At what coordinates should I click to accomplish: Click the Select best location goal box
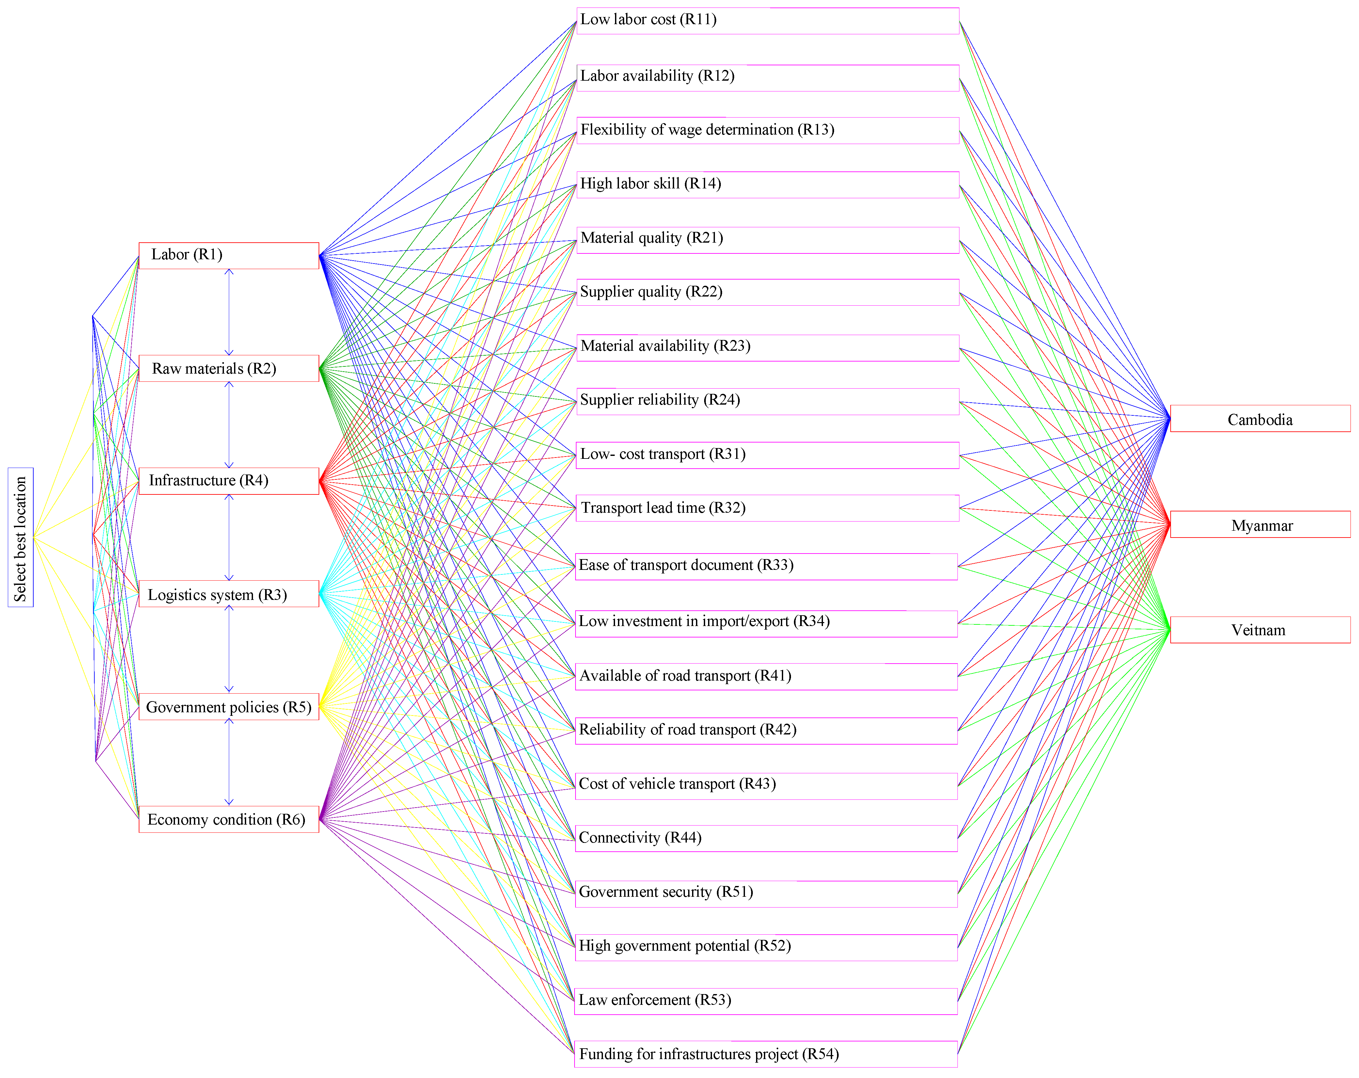coord(20,537)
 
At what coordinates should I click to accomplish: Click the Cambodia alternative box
coord(1259,419)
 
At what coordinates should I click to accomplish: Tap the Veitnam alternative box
coord(1259,630)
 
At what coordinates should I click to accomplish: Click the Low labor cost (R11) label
coord(648,20)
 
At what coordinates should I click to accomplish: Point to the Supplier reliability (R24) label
coord(659,400)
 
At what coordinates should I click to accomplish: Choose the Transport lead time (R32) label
coord(662,508)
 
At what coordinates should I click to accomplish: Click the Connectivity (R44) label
coord(640,838)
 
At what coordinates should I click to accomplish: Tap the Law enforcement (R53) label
coord(654,1000)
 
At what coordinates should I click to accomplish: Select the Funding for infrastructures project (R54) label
coord(708,1054)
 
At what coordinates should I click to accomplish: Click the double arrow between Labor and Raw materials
coord(229,312)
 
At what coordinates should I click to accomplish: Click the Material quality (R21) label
coord(651,238)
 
